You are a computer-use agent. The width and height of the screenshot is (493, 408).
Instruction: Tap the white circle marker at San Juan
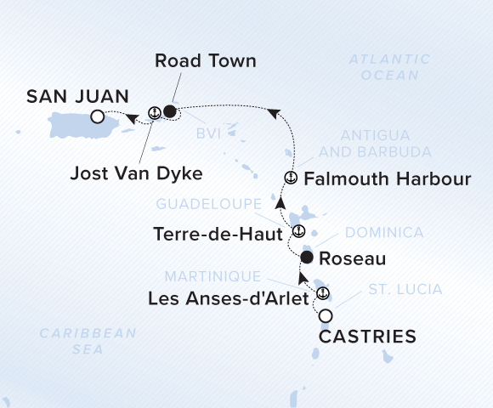click(98, 116)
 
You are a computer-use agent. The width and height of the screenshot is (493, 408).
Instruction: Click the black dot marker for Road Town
click(170, 111)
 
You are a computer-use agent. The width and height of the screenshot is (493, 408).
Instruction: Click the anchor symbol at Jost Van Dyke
click(154, 111)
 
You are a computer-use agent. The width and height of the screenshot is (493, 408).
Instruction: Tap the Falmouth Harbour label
click(387, 179)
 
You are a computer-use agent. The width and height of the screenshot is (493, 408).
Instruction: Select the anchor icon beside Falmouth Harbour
click(289, 178)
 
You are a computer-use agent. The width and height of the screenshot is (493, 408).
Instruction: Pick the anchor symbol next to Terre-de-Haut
click(297, 230)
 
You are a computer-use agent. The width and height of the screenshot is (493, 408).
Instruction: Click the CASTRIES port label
click(367, 337)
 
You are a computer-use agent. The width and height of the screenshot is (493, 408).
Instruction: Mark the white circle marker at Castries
click(326, 316)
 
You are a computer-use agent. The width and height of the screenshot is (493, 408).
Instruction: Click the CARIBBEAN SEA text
click(88, 340)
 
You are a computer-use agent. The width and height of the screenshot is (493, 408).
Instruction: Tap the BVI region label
click(209, 134)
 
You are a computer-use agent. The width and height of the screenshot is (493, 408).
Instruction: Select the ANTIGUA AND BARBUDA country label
click(375, 144)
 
